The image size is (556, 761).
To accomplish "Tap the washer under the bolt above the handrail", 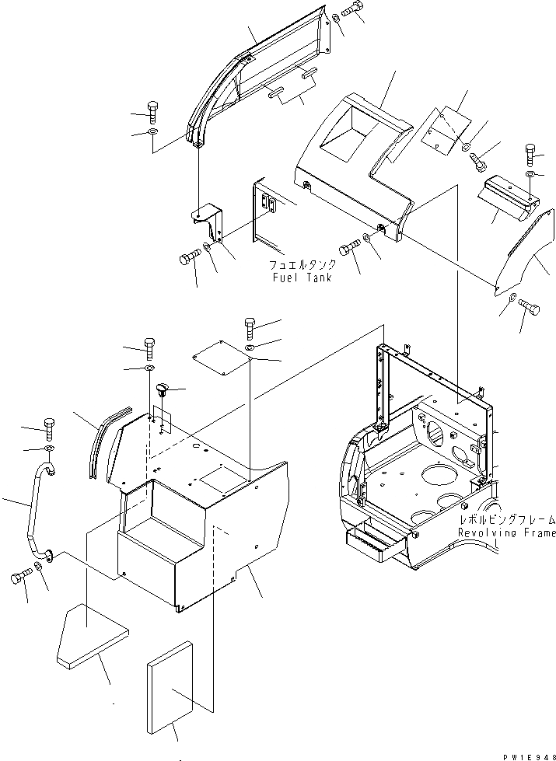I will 48,449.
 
